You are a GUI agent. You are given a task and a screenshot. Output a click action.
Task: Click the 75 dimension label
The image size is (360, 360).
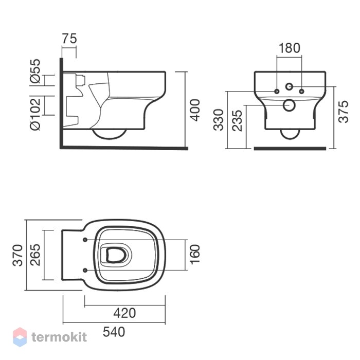pyautogui.click(x=69, y=39)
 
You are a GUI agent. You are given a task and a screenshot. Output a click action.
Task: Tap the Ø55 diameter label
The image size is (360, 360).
pyautogui.click(x=35, y=71)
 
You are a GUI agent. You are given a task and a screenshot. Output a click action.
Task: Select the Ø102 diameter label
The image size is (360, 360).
pyautogui.click(x=35, y=114)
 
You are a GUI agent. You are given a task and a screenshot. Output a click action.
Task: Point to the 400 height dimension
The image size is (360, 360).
pyautogui.click(x=195, y=110)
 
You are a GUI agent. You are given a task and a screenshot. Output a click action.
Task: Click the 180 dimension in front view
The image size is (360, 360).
pyautogui.click(x=289, y=48)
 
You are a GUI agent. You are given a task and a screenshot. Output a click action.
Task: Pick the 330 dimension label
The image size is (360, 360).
pyautogui.click(x=218, y=120)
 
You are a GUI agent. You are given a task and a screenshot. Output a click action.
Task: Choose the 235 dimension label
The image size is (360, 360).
pyautogui.click(x=237, y=120)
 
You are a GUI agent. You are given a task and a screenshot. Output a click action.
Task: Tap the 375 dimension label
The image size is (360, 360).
pyautogui.click(x=344, y=112)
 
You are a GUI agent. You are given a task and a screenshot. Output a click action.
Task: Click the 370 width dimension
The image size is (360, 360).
pyautogui.click(x=17, y=255)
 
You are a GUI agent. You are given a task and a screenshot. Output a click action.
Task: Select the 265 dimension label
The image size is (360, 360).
pyautogui.click(x=35, y=255)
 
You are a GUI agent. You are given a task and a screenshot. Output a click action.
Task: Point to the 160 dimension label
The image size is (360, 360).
pyautogui.click(x=195, y=254)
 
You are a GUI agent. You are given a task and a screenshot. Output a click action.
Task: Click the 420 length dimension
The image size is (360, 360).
pyautogui.click(x=124, y=313)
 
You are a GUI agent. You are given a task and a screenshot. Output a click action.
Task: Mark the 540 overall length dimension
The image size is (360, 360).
pyautogui.click(x=114, y=332)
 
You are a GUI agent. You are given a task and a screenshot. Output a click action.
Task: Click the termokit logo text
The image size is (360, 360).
pyautogui.click(x=59, y=337)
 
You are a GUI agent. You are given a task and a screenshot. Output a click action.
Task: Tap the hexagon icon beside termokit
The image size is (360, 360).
pyautogui.click(x=20, y=337)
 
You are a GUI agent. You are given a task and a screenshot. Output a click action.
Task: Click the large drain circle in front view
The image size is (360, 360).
pyautogui.click(x=289, y=105)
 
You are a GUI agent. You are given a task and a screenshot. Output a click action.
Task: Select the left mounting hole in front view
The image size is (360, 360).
pyautogui.click(x=277, y=92)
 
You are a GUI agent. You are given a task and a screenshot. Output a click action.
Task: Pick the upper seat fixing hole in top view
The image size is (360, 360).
pyautogui.click(x=85, y=240)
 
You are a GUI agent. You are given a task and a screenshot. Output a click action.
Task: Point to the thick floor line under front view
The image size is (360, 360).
pyautogui.click(x=290, y=149)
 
